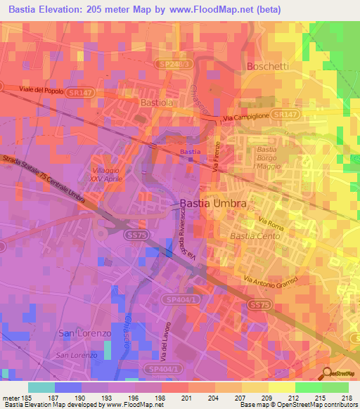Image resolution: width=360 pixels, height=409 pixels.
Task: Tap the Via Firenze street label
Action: coord(217,161)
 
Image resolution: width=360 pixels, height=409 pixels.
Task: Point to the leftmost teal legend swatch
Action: coord(41,387)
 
